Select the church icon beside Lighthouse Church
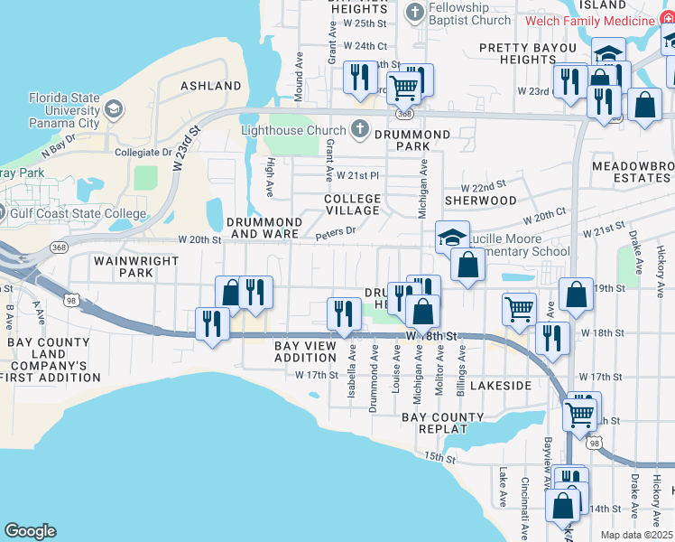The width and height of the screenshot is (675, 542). pos(360,129)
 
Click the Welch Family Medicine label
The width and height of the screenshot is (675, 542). pos(596,20)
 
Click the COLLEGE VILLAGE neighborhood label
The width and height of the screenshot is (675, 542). pos(352,204)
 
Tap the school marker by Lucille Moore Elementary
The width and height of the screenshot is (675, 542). pos(452,237)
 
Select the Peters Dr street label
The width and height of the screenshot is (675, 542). pos(336,234)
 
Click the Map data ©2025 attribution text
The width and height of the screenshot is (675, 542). pos(636,535)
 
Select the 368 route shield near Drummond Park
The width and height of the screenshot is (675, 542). pos(405,114)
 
